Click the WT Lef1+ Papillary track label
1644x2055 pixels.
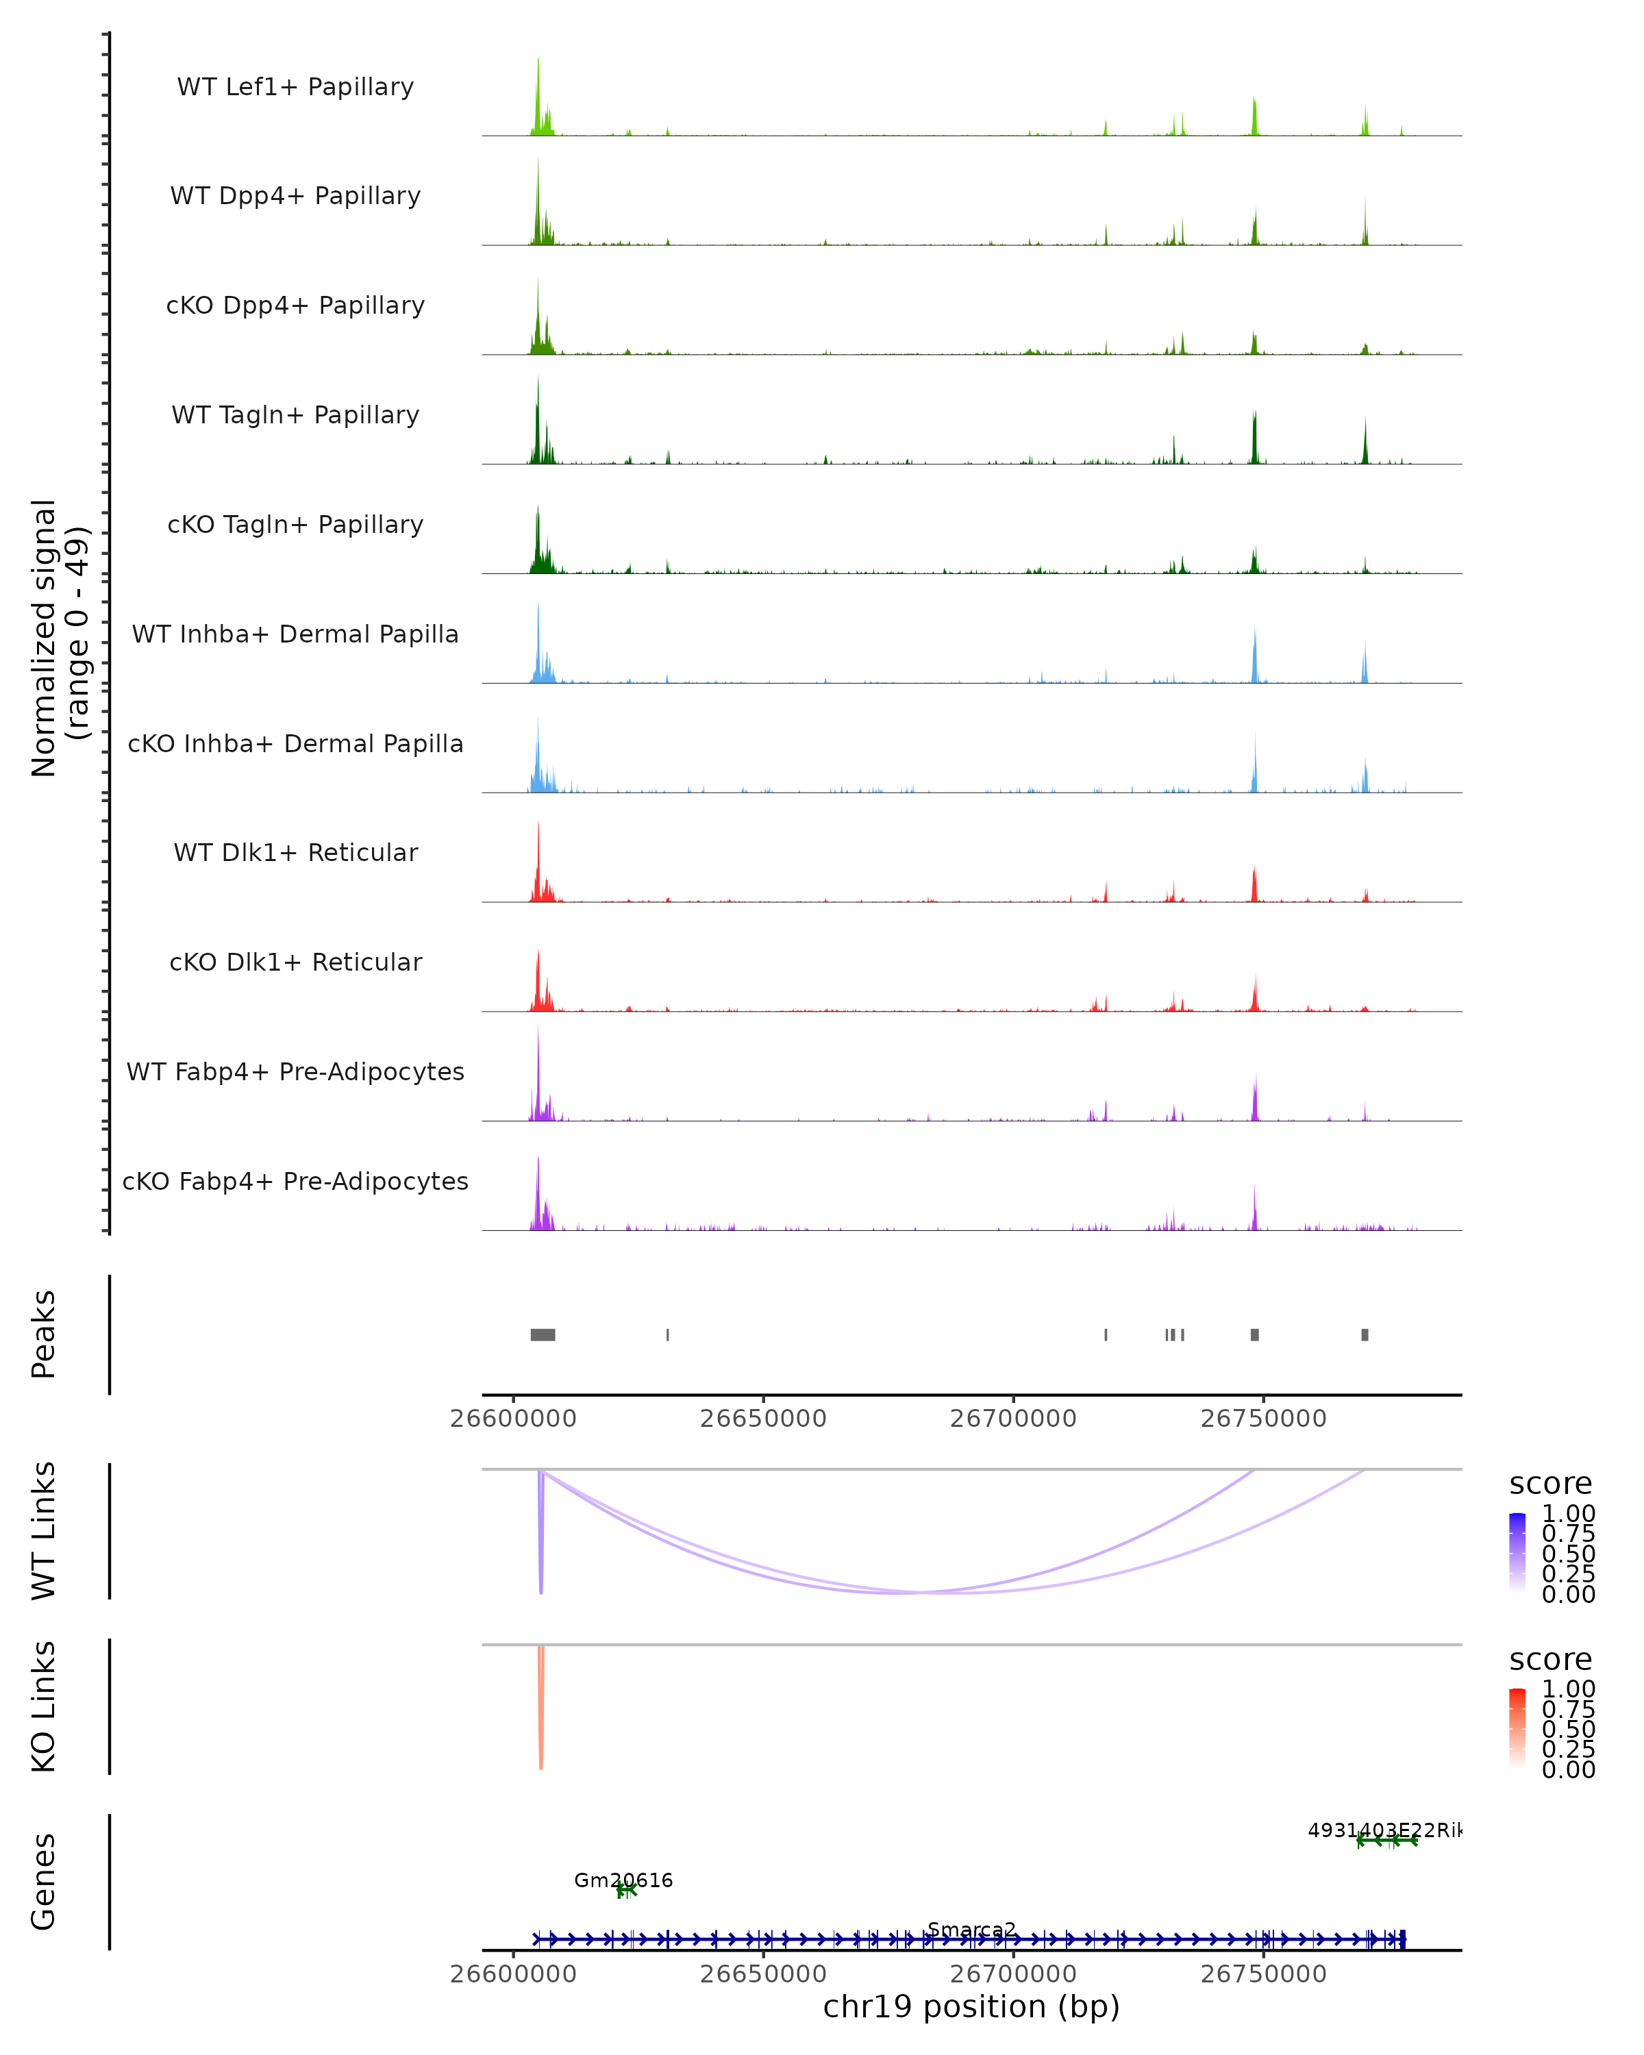pyautogui.click(x=295, y=87)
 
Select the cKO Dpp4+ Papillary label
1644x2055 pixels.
pyautogui.click(x=295, y=305)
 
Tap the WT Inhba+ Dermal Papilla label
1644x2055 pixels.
pyautogui.click(x=295, y=634)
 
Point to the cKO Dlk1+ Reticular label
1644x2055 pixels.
pyautogui.click(x=295, y=962)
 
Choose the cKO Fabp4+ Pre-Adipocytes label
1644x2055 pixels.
pyautogui.click(x=295, y=1181)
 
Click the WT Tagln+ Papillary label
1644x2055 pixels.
pyautogui.click(x=295, y=414)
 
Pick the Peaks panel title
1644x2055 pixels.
pyautogui.click(x=44, y=1334)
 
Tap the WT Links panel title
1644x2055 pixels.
pyautogui.click(x=44, y=1530)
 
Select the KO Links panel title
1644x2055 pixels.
pyautogui.click(x=44, y=1706)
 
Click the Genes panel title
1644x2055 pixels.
pyautogui.click(x=44, y=1882)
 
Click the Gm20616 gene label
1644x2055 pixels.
pyautogui.click(x=623, y=1880)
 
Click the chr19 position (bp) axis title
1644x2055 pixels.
pyautogui.click(x=971, y=2006)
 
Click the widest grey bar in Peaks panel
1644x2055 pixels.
pyautogui.click(x=543, y=1334)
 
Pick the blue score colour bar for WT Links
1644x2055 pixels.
pyautogui.click(x=1517, y=1552)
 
